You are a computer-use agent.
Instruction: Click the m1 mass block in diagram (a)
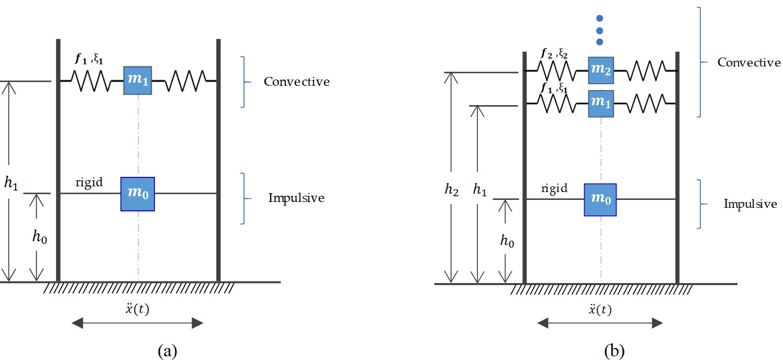click(x=138, y=81)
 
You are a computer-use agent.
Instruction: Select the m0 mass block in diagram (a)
click(x=138, y=194)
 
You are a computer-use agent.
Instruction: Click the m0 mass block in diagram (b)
click(x=600, y=199)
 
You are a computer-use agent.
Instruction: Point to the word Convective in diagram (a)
click(x=296, y=82)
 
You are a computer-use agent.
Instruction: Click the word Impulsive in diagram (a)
click(x=296, y=198)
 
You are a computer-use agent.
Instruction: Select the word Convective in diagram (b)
click(x=749, y=63)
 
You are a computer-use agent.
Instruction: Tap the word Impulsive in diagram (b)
click(x=750, y=204)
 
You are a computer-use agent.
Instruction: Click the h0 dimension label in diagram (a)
click(x=39, y=237)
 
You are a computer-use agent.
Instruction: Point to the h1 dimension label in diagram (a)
click(x=12, y=184)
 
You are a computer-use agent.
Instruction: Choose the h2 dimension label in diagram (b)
click(x=451, y=190)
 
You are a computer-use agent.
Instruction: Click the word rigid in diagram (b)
click(x=554, y=189)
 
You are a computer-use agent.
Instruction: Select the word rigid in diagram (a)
click(x=90, y=183)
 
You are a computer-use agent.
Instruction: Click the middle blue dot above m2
click(x=600, y=30)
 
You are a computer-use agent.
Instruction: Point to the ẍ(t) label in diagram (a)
click(x=138, y=309)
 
